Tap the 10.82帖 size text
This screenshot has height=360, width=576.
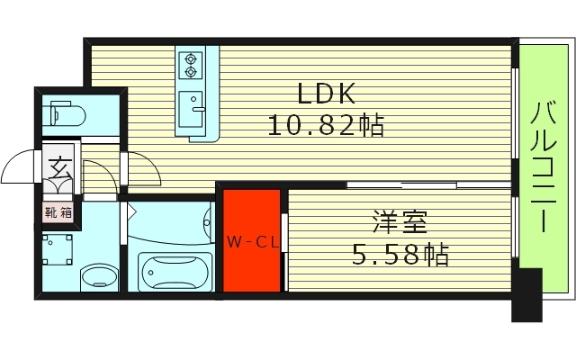point(325,125)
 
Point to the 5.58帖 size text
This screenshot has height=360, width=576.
point(399,256)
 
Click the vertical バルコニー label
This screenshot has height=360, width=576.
point(544,168)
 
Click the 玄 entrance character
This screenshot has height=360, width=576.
point(59,167)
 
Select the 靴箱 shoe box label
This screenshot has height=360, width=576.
point(58,213)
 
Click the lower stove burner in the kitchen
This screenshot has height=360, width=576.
point(191,73)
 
